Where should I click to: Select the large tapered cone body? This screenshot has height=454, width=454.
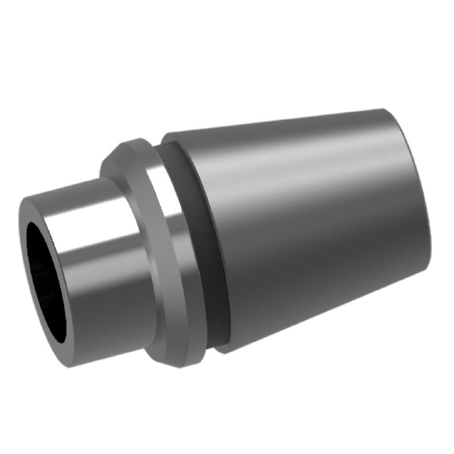[303, 227]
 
